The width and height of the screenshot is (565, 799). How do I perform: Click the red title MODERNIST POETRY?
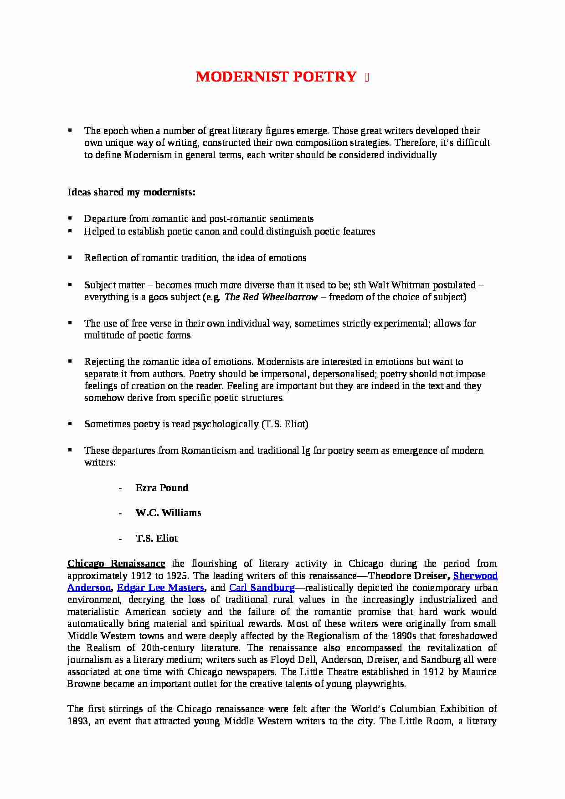click(x=276, y=77)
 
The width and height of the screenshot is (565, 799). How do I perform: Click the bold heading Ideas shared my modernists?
click(x=131, y=192)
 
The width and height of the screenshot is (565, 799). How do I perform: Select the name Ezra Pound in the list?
click(x=162, y=488)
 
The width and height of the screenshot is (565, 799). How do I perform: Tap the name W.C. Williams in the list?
click(x=168, y=513)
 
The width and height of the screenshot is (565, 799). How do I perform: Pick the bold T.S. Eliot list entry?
click(x=156, y=538)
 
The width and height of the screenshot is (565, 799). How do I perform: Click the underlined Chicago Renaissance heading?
click(x=116, y=564)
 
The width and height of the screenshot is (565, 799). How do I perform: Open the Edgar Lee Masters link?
click(x=160, y=588)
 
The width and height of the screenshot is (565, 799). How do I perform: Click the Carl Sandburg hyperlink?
click(x=262, y=588)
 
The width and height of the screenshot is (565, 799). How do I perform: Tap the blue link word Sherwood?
click(x=475, y=576)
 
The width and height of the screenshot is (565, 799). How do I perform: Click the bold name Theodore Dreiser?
click(x=407, y=576)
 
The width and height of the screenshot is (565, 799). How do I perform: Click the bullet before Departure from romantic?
click(x=70, y=219)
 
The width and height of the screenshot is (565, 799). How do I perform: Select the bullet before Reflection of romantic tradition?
click(x=70, y=258)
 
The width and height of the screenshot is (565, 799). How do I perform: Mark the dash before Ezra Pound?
click(x=120, y=488)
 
